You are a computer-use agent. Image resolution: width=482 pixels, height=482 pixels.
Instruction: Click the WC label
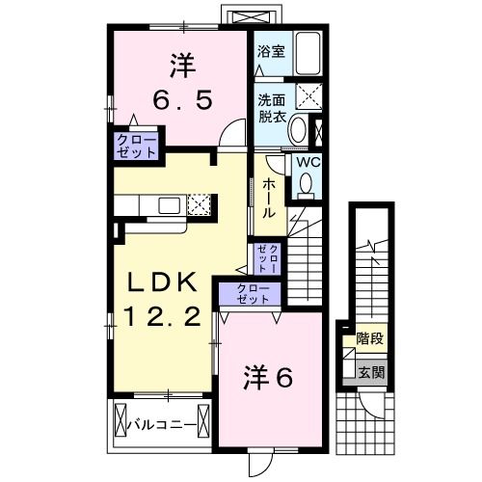[307, 163]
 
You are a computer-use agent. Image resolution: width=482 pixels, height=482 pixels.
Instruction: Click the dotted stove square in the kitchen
[200, 204]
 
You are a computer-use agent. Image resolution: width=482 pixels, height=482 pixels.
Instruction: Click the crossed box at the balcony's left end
[121, 422]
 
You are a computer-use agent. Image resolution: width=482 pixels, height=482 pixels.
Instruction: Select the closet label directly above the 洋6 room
[249, 294]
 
